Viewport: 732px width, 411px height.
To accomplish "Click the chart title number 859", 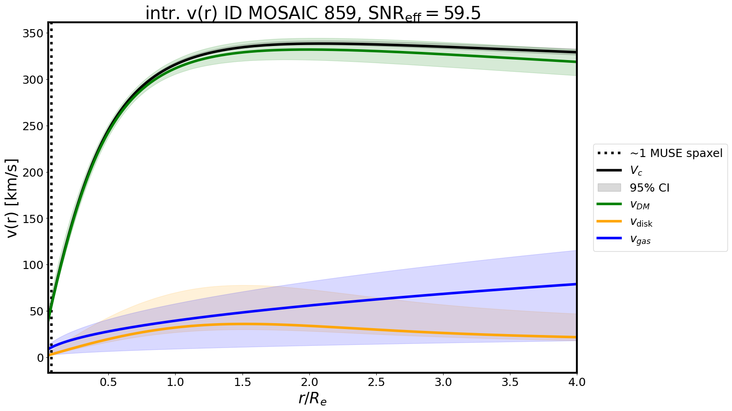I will (340, 14).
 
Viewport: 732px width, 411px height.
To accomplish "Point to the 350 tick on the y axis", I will (34, 34).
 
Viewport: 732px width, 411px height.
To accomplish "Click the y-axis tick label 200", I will (34, 173).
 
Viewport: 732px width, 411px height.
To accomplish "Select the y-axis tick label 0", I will (40, 358).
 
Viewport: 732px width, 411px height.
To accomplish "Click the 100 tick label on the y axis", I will (34, 265).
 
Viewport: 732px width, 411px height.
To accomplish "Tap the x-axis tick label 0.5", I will (108, 382).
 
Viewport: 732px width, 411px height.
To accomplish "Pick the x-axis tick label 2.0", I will (309, 382).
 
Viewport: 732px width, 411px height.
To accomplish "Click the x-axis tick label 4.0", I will (576, 382).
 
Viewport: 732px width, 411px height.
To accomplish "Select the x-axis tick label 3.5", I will (510, 382).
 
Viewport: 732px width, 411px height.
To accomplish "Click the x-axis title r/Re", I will (313, 399).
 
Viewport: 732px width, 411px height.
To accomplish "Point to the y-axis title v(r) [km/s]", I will (13, 198).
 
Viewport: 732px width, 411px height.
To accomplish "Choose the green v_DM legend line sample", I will (609, 205).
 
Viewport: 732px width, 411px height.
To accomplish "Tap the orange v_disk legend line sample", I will (609, 222).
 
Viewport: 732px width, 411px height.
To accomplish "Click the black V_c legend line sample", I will (609, 170).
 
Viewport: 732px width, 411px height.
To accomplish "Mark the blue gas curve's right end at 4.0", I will (576, 284).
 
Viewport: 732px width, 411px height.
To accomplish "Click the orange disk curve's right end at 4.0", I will (576, 337).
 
